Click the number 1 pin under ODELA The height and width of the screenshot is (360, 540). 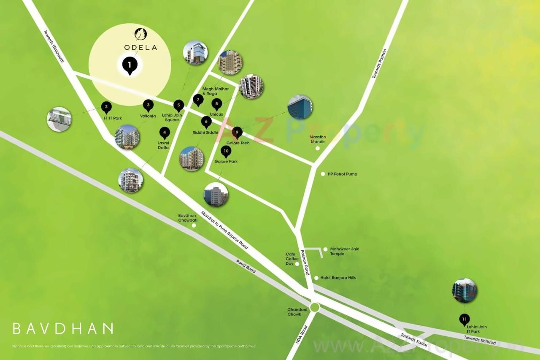point(130,65)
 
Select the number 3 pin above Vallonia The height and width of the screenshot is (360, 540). point(148,106)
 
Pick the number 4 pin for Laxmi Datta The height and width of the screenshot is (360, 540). point(165,133)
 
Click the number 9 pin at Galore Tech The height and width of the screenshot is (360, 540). point(237,133)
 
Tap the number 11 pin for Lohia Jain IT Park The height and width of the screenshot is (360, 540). point(464,319)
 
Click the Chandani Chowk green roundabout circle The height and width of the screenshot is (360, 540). point(314,307)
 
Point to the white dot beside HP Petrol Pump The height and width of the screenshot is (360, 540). point(323,174)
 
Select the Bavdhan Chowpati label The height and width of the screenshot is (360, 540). point(188,218)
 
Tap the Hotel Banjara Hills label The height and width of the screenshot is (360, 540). point(338,278)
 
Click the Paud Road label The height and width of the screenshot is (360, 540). point(246,267)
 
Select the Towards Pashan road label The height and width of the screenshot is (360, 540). point(379,64)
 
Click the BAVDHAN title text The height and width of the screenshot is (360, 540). point(63,328)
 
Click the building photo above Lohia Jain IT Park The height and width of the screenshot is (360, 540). point(464,291)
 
